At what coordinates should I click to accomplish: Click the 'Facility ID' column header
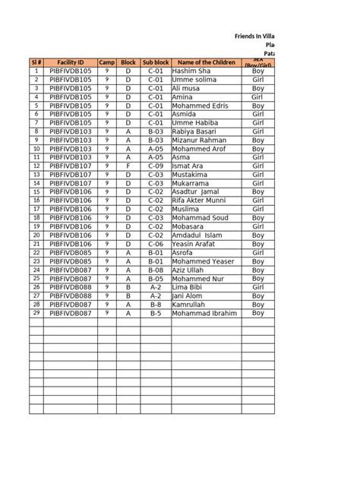click(70, 62)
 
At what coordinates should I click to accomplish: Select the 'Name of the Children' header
click(206, 62)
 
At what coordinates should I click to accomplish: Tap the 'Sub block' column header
click(156, 62)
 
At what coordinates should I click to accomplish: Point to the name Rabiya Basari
click(197, 131)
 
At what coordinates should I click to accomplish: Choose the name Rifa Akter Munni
click(202, 201)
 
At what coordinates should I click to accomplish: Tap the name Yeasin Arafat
click(197, 244)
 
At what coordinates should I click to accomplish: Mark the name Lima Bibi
click(188, 287)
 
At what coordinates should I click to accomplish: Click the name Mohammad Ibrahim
click(205, 313)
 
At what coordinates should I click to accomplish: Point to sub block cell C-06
click(156, 244)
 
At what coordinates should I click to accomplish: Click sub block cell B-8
click(156, 304)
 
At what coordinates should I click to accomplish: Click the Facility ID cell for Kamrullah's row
click(70, 304)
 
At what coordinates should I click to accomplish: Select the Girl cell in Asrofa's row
click(258, 252)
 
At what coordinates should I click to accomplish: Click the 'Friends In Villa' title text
click(255, 36)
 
